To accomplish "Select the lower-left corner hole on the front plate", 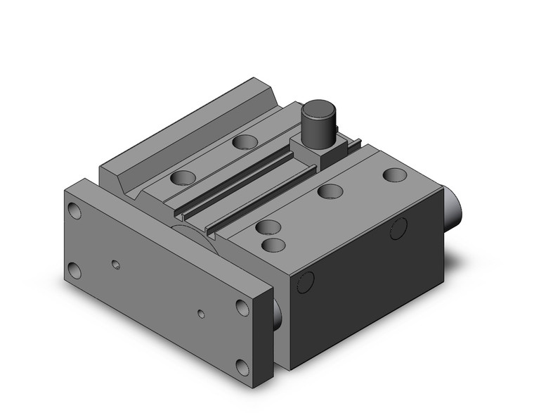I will [75, 270].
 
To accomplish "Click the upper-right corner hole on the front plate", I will [242, 308].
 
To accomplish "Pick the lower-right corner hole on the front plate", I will [242, 367].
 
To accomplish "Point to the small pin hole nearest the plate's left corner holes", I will [117, 265].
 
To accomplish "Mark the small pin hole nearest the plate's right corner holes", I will [201, 312].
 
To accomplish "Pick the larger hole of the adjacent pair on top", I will [266, 227].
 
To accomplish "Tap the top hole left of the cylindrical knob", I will [245, 143].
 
